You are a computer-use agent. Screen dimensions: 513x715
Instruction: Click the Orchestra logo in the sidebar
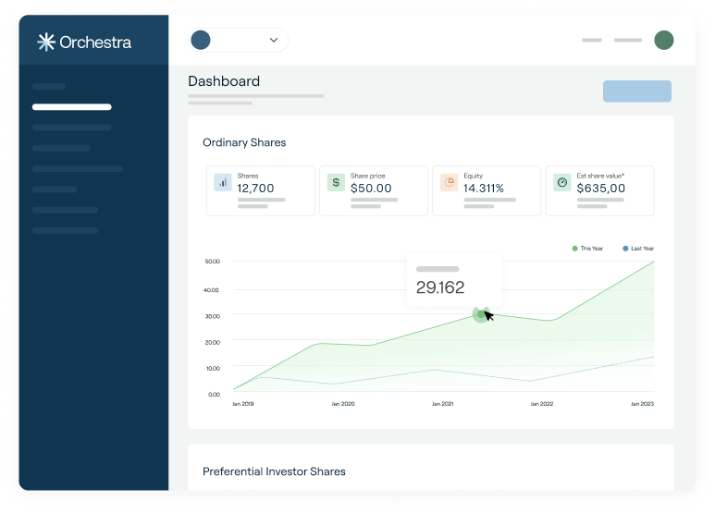(x=84, y=42)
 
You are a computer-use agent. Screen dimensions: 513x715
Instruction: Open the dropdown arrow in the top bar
(x=274, y=40)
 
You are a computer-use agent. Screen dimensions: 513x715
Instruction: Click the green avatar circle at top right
(x=663, y=40)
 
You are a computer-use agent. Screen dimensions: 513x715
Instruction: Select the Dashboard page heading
(x=224, y=81)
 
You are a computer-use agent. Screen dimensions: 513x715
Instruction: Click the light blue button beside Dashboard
(x=636, y=91)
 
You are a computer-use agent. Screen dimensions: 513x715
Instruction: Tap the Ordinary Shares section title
(x=244, y=142)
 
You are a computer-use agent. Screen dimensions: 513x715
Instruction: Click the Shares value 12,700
(x=255, y=188)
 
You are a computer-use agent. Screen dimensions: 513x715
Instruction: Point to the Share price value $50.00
(x=371, y=188)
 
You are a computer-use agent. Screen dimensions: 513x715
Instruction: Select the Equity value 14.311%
(x=484, y=188)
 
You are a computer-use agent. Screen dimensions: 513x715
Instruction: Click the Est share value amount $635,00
(x=600, y=188)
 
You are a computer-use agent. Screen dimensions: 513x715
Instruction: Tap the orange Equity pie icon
(x=449, y=182)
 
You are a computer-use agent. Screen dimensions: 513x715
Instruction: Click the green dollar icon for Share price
(x=335, y=182)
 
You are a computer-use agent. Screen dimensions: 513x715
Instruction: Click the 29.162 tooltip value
(x=440, y=287)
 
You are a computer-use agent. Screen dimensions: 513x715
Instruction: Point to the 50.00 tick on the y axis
(x=212, y=262)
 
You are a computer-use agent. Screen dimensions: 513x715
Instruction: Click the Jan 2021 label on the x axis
(x=442, y=404)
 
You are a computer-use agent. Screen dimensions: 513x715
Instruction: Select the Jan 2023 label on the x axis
(x=642, y=404)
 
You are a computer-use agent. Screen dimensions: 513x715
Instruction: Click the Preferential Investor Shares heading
(x=274, y=471)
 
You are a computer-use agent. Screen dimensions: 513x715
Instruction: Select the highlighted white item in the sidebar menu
(x=71, y=107)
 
